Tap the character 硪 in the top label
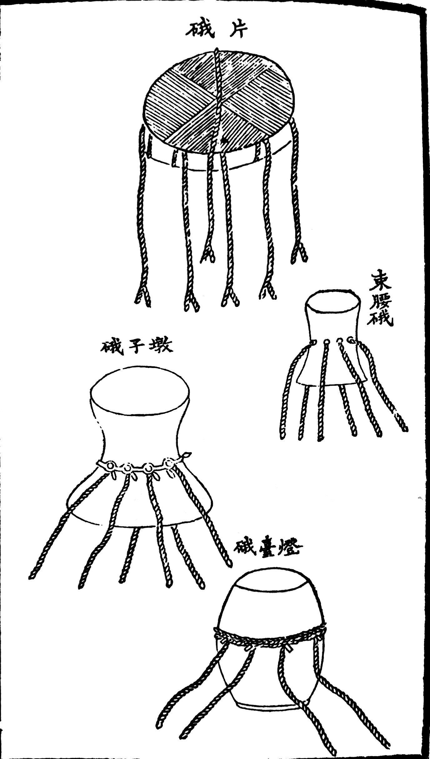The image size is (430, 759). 199,30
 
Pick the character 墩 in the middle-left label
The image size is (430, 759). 161,346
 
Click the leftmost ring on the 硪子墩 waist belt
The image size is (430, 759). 110,466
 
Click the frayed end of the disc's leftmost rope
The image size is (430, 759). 142,296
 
